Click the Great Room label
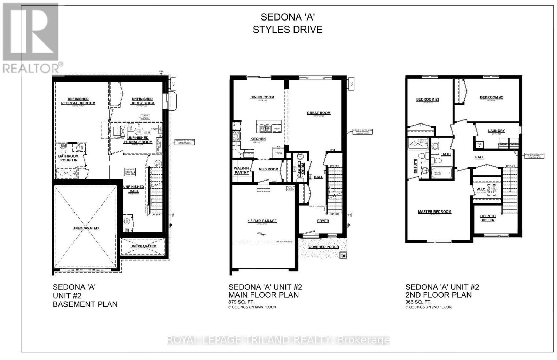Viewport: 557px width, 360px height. click(x=319, y=113)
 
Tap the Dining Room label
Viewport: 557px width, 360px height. click(x=262, y=97)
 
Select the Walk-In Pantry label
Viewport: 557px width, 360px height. click(x=241, y=170)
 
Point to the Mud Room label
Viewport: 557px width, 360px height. click(x=268, y=169)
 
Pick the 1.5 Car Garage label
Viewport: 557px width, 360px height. click(x=262, y=221)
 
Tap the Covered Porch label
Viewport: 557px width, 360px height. click(x=324, y=247)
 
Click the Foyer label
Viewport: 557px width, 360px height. click(x=323, y=221)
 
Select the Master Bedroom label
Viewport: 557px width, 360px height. click(x=434, y=211)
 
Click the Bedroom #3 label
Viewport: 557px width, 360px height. click(x=427, y=99)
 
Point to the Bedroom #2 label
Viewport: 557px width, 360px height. click(x=491, y=97)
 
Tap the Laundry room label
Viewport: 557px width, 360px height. click(x=496, y=131)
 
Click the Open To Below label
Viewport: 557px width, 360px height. click(x=488, y=218)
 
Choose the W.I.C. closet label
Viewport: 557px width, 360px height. click(x=481, y=189)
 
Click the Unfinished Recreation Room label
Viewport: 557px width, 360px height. click(x=78, y=101)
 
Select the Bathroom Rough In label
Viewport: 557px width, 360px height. click(x=68, y=158)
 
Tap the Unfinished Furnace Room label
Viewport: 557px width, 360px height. click(x=138, y=140)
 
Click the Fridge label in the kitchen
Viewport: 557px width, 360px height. click(x=278, y=153)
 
